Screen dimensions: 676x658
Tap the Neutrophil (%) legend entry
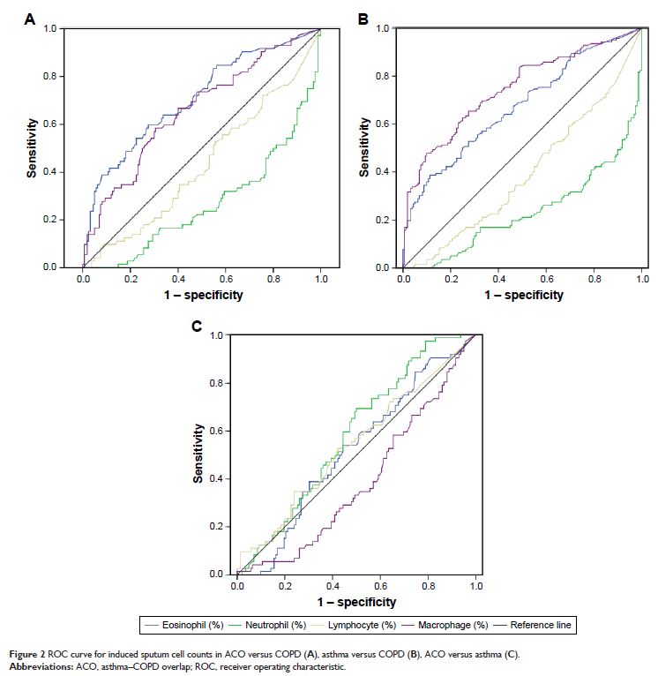point(272,626)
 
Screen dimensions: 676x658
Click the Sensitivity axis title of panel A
point(31,146)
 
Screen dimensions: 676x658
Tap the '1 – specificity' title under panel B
point(523,295)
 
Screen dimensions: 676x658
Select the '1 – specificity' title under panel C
point(356,602)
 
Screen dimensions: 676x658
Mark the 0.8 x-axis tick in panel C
point(429,586)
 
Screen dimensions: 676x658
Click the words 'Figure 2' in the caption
point(27,654)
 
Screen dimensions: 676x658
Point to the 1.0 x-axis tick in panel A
point(321,279)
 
